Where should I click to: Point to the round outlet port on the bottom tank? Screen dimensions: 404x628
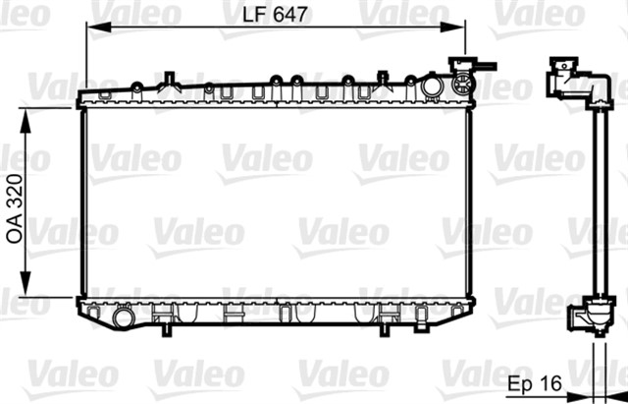click(123, 317)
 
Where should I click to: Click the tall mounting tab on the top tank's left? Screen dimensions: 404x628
click(170, 79)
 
